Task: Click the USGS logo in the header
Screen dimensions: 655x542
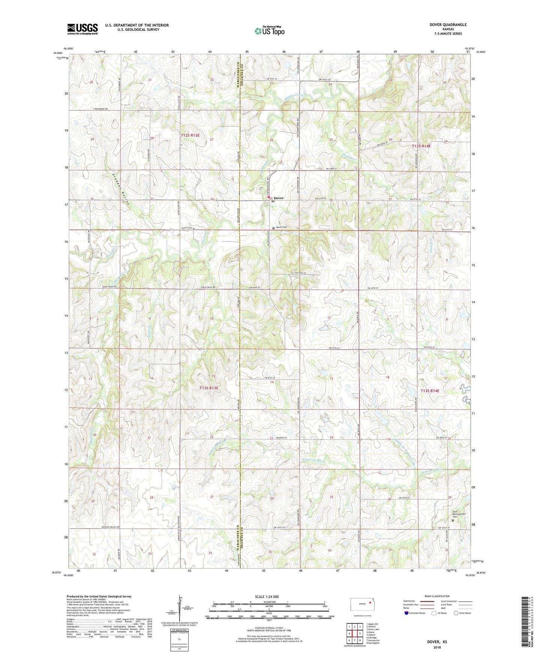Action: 82,29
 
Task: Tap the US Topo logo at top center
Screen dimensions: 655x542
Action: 269,31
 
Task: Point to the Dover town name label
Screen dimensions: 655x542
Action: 278,198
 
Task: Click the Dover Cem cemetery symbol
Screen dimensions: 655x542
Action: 273,227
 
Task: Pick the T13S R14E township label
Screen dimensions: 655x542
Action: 429,391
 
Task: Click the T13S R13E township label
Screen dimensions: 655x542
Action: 209,388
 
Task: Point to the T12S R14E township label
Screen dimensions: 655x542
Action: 421,146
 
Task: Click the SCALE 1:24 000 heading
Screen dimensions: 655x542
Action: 267,596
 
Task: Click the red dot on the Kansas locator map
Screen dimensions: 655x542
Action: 369,603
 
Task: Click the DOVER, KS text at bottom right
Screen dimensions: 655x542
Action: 437,642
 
